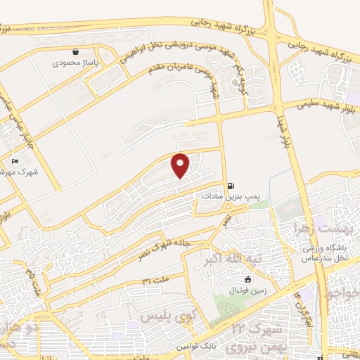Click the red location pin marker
(x=181, y=166)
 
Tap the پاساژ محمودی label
(x=76, y=63)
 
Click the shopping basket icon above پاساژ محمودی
(x=76, y=51)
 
